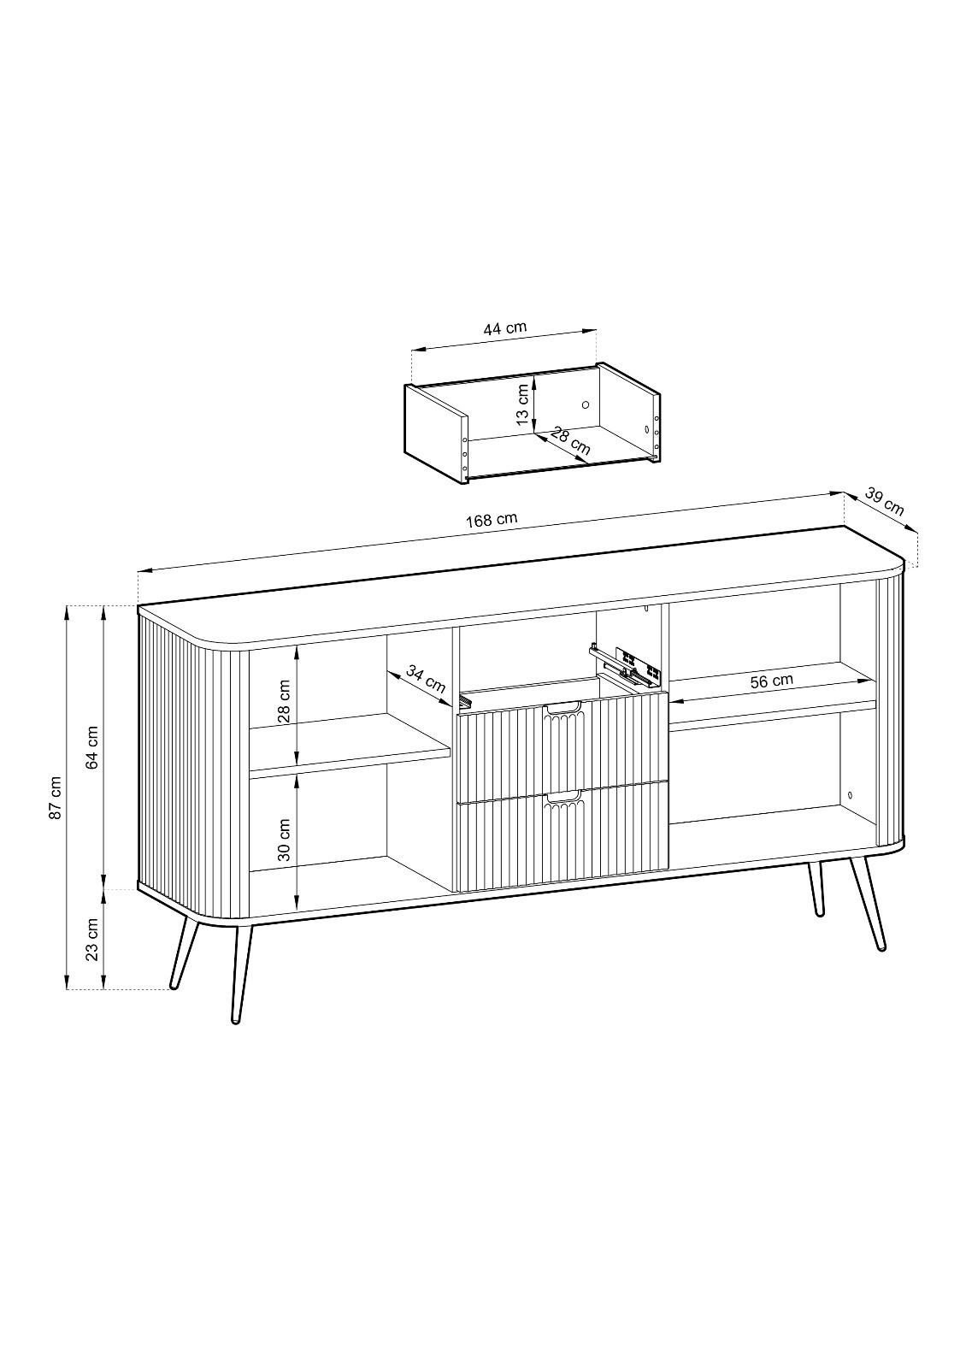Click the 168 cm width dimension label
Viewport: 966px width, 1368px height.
coord(492,520)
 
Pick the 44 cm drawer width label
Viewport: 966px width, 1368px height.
coord(505,328)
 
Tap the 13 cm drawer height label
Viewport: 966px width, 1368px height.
coord(522,404)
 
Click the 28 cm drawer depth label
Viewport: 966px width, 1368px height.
coord(570,440)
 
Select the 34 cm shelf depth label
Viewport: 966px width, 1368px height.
coord(427,680)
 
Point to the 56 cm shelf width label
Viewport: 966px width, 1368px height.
coord(772,681)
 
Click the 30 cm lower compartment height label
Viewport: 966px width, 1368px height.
coord(284,840)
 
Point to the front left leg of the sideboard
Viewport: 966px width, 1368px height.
coord(240,978)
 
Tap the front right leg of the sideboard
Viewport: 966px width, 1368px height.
coord(867,905)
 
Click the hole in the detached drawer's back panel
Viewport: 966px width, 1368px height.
coord(585,404)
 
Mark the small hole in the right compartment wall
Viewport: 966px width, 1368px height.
coord(851,795)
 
